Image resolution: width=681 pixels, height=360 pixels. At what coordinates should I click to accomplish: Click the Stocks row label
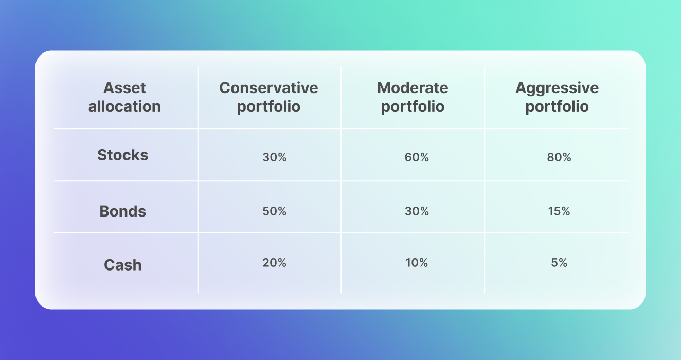123,155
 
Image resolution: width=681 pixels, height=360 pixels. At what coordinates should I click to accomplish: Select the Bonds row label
123,211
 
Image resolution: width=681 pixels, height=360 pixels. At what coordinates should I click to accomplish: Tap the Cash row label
123,265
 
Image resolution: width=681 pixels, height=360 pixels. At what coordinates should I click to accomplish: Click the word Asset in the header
124,88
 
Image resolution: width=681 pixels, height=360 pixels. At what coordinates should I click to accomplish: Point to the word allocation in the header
124,106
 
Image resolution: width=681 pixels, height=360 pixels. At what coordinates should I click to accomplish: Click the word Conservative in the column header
269,88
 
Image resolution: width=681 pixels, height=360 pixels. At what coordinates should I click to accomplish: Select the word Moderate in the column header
413,88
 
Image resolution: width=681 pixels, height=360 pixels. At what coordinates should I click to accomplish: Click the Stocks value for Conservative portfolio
275,157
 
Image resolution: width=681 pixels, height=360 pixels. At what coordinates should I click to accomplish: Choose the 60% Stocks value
417,157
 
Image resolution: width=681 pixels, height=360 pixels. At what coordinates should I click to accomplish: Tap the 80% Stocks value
559,157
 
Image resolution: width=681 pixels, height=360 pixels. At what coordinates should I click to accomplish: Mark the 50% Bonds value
275,211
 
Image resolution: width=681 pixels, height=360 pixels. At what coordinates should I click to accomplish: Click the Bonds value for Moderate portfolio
417,211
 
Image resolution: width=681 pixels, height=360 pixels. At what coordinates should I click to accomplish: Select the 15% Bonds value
559,211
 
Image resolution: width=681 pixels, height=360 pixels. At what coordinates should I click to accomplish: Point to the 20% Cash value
275,263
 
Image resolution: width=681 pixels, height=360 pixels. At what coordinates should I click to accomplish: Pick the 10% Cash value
417,263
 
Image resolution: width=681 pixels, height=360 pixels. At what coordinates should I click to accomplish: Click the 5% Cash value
559,263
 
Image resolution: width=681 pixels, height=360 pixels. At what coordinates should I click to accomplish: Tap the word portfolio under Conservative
269,107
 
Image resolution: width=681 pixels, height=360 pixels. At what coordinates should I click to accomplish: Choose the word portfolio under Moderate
413,107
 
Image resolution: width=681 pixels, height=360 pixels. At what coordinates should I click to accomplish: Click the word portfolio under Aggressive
557,107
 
